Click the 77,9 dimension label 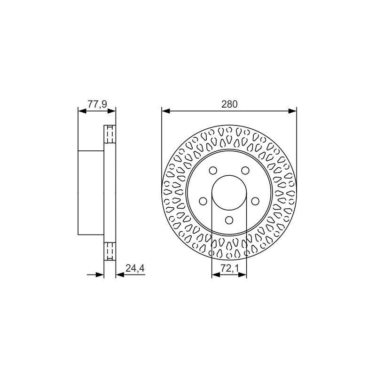(97, 104)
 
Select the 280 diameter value (229, 104)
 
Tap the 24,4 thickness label (135, 268)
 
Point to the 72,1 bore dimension (229, 268)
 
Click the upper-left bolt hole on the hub (213, 171)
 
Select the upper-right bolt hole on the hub (245, 171)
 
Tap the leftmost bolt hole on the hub (203, 201)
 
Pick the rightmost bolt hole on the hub (255, 201)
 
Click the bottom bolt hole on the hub (229, 220)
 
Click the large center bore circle (229, 175)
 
